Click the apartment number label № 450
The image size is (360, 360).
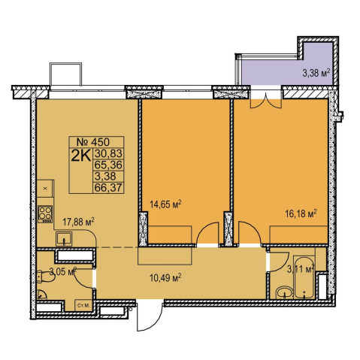point(93,142)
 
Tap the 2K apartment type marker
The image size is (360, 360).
point(80,156)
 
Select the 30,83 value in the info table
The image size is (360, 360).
point(108,153)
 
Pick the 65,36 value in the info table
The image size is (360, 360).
point(108,165)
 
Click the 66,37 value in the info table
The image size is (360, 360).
point(108,187)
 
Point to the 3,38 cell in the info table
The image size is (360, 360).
point(105,176)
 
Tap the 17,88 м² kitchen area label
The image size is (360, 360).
point(78,222)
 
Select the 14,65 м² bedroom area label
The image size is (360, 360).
point(165,204)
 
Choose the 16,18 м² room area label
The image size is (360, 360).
point(301,214)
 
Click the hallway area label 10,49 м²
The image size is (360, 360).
point(165,277)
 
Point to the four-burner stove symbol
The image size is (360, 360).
point(45,214)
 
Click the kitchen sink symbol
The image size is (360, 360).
point(64,239)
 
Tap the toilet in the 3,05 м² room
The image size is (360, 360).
point(45,277)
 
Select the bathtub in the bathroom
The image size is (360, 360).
point(304,277)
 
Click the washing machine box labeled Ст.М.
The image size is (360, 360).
point(83,305)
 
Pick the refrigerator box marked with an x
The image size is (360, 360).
point(45,189)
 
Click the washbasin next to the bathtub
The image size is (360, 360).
point(285,292)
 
